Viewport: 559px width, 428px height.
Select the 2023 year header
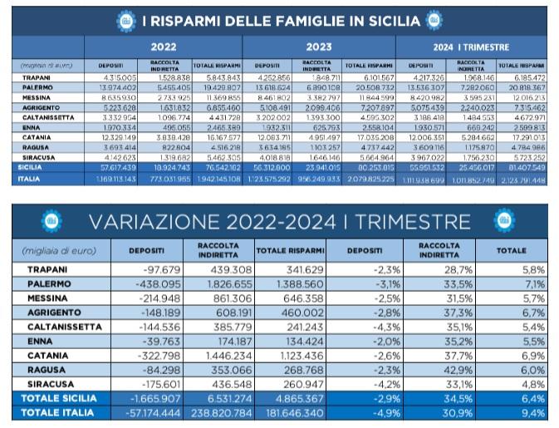tap(319, 47)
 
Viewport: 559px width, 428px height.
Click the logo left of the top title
tap(125, 18)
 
